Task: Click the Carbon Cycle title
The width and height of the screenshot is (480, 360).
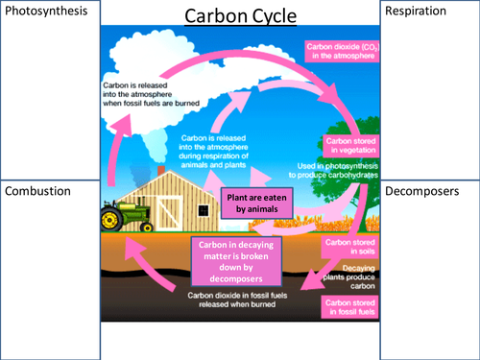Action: [240, 16]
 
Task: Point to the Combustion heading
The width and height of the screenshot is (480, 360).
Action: [37, 190]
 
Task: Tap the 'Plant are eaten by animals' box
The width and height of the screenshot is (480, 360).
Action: [252, 200]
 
